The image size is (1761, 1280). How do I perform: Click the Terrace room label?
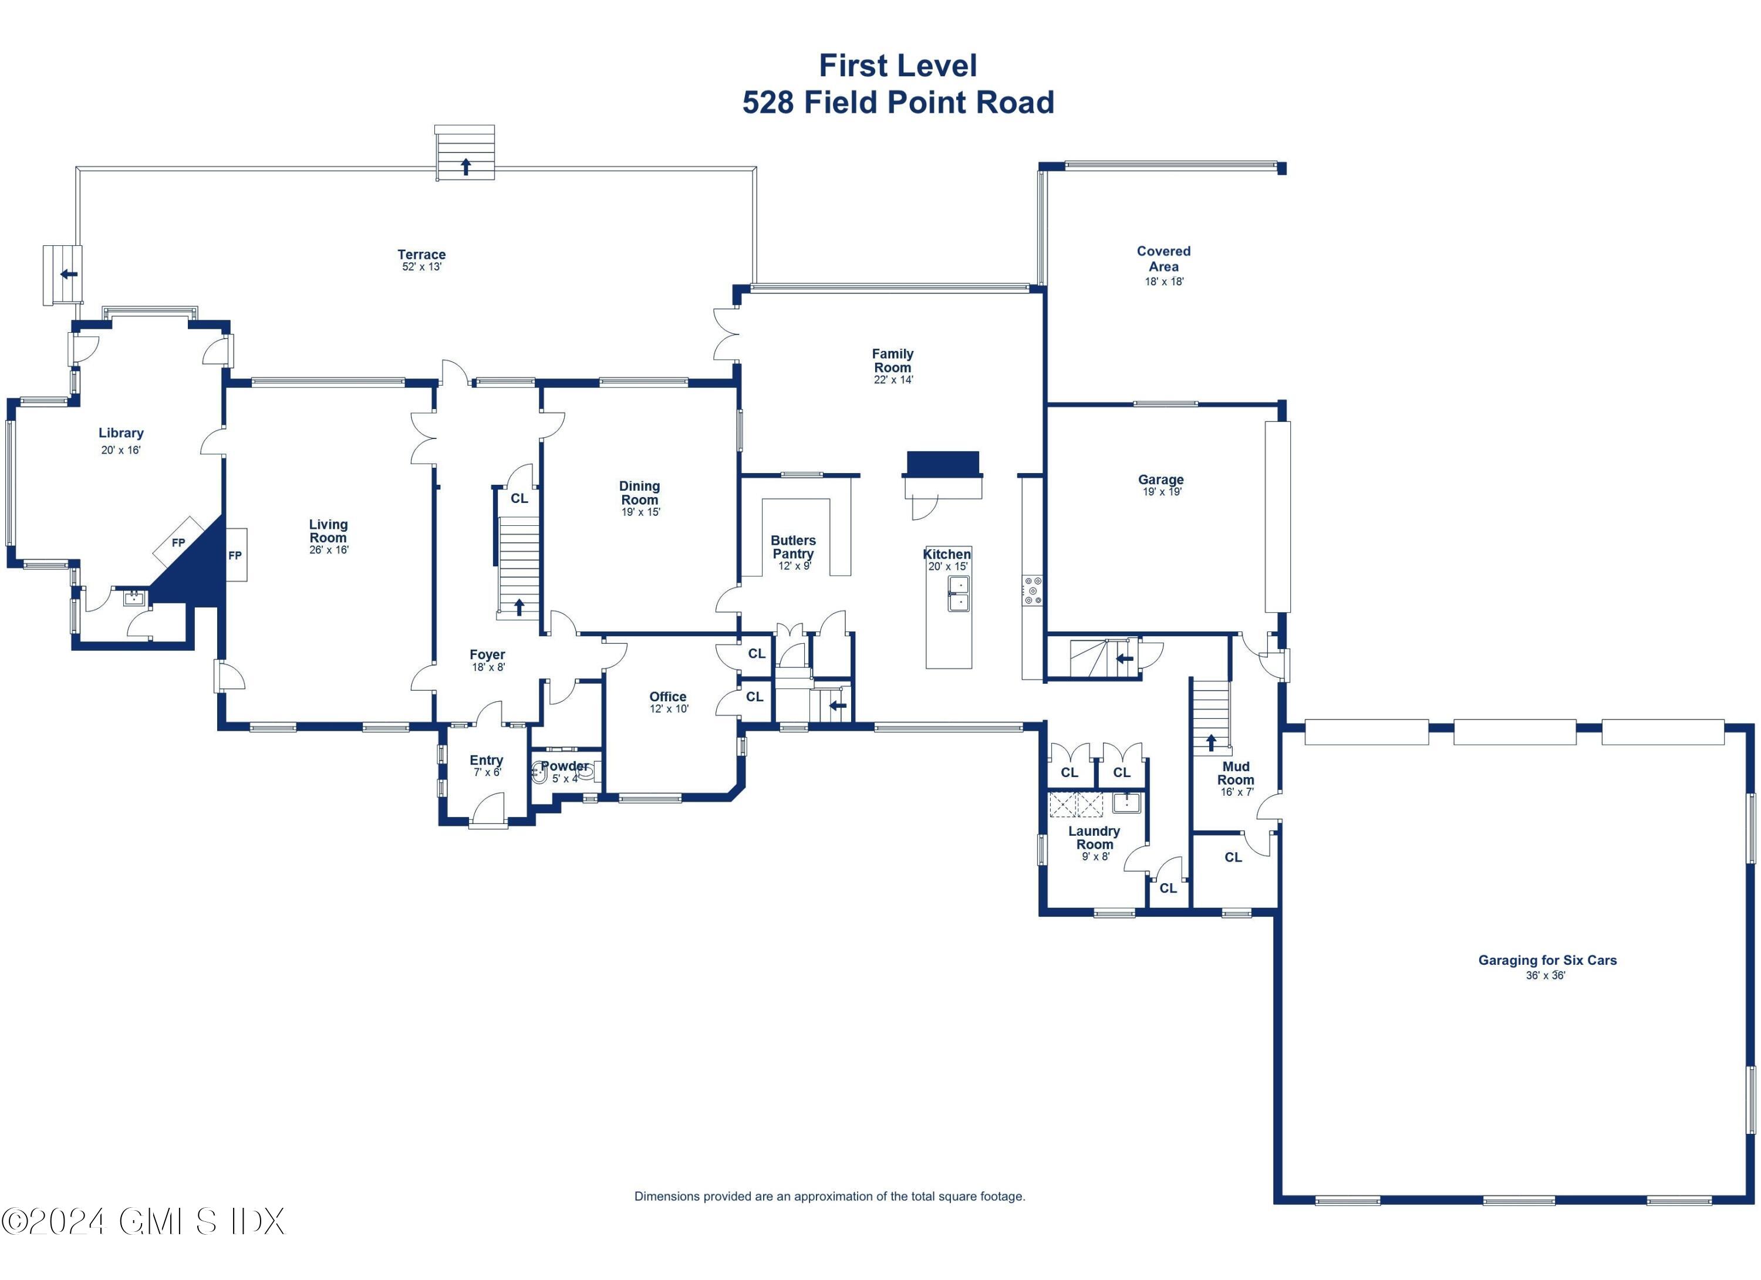click(x=421, y=255)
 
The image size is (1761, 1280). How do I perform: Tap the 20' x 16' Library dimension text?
click(x=120, y=450)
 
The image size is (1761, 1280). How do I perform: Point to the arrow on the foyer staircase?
click(x=519, y=607)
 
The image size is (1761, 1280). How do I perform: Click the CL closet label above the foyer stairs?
click(x=519, y=498)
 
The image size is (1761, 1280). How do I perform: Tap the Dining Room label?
click(x=639, y=493)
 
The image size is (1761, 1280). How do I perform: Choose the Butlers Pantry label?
click(x=793, y=546)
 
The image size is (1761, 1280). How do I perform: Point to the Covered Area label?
click(x=1163, y=258)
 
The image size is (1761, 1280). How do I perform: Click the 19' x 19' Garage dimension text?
click(x=1162, y=492)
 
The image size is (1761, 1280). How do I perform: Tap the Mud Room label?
click(x=1235, y=773)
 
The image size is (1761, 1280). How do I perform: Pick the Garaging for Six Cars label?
click(x=1547, y=960)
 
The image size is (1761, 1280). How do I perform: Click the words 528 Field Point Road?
click(x=898, y=103)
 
